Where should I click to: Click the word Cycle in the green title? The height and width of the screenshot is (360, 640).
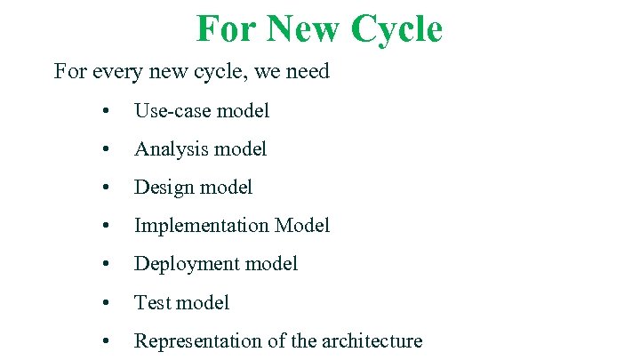point(396,28)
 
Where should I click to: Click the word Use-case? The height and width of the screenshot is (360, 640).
point(172,111)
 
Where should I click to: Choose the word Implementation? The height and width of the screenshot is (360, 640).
point(202,226)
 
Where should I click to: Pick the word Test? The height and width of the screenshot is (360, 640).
point(152,303)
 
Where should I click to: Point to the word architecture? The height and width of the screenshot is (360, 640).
point(372,341)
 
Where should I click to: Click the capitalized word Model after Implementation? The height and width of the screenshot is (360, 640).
point(302,226)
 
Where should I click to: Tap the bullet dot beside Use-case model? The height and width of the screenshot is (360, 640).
point(106,112)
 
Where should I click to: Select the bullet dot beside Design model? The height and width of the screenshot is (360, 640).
point(106,188)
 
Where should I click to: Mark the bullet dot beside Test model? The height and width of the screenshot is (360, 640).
point(106,304)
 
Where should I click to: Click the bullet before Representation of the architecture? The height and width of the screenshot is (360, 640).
point(106,342)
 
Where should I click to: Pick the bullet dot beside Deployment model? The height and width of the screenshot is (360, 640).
point(106,265)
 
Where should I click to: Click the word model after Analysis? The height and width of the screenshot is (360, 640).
point(238,149)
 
